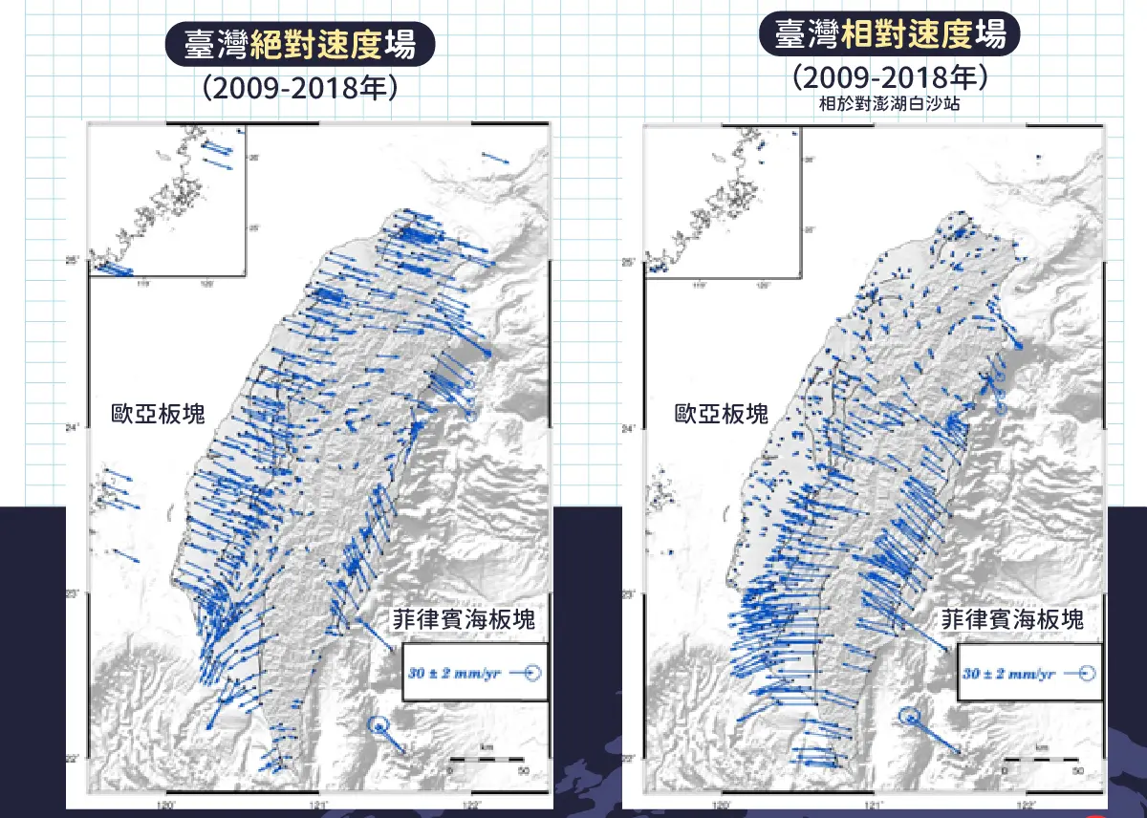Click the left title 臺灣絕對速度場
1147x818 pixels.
pyautogui.click(x=300, y=44)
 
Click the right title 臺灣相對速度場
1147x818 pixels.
pyautogui.click(x=890, y=36)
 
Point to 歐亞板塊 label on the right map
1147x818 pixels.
pyautogui.click(x=721, y=414)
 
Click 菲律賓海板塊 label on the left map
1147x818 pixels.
pyautogui.click(x=463, y=619)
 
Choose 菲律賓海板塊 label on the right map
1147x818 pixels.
pyautogui.click(x=1013, y=618)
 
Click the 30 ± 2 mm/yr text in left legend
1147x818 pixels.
pyautogui.click(x=453, y=673)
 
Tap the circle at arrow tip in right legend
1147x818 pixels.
pyautogui.click(x=1085, y=673)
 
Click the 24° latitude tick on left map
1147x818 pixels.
pyautogui.click(x=76, y=428)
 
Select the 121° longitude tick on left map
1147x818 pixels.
pyautogui.click(x=319, y=806)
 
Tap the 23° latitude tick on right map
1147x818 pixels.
pyautogui.click(x=631, y=594)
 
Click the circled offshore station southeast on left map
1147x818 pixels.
pyautogui.click(x=380, y=726)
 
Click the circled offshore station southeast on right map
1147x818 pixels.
pyautogui.click(x=910, y=717)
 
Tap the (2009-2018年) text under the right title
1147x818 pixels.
pyautogui.click(x=889, y=77)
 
